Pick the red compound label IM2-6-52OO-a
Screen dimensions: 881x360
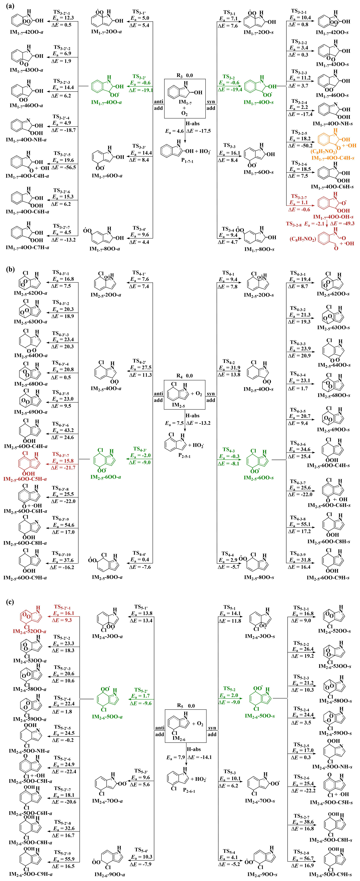(x=29, y=631)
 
